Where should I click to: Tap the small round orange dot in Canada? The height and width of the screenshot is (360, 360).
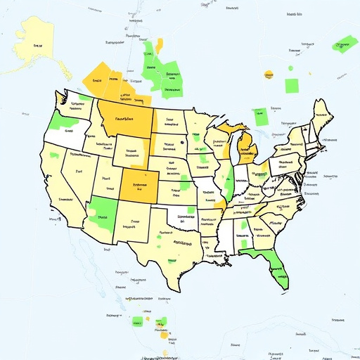click(x=268, y=74)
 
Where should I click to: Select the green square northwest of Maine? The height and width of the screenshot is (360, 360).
click(x=291, y=85)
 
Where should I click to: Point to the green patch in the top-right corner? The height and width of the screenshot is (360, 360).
click(x=343, y=44)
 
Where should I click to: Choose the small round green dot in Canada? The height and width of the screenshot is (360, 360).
click(x=290, y=67)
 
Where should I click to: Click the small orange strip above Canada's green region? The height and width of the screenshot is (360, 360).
click(x=159, y=46)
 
